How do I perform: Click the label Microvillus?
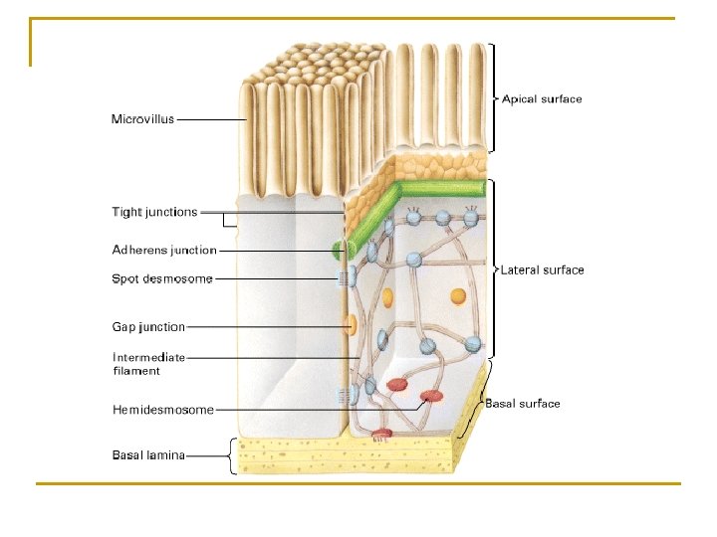pos(142,119)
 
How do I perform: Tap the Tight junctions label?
pos(154,212)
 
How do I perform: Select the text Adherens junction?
pos(164,250)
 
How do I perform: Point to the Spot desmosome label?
pos(161,278)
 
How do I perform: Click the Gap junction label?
pos(148,326)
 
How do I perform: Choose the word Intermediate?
pos(148,357)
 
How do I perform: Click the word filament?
pos(136,371)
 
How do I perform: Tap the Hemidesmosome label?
pos(162,410)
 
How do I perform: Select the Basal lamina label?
pos(148,455)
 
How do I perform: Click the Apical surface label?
pos(542,99)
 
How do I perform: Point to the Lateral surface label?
pos(542,270)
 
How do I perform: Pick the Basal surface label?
pos(523,404)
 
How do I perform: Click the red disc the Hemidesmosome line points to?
pos(431,397)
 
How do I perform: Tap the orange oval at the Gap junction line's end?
pos(350,325)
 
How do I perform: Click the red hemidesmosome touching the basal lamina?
pos(381,434)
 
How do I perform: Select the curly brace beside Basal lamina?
pos(233,455)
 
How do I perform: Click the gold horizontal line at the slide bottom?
pos(358,484)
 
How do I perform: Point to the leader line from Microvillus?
pos(212,119)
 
